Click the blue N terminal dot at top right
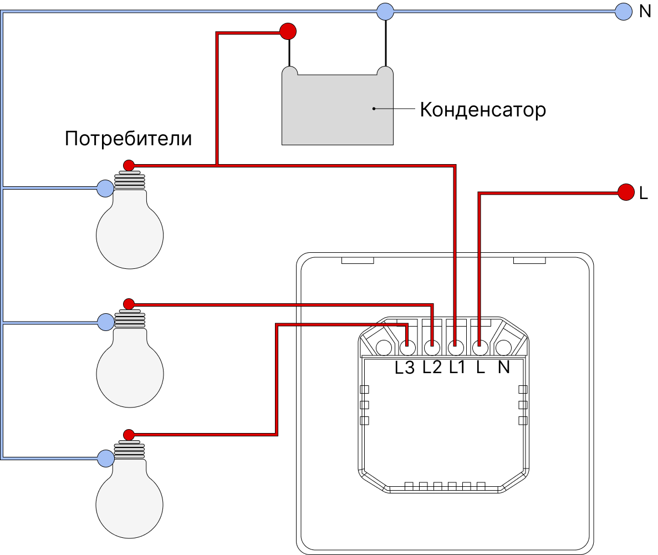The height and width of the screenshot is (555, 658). click(624, 11)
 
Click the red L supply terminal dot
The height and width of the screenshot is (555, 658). click(626, 192)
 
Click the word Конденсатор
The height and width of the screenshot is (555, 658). click(483, 110)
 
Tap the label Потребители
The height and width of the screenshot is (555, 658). click(128, 138)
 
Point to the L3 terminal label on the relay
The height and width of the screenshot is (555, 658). click(405, 368)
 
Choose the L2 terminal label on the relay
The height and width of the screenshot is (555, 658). click(432, 367)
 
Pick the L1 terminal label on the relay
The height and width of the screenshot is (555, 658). click(457, 367)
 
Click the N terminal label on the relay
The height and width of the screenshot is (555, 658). click(503, 367)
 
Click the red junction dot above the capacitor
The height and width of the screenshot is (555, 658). click(288, 31)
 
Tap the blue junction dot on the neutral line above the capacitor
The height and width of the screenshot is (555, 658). click(385, 11)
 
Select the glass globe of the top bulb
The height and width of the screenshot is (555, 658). click(130, 233)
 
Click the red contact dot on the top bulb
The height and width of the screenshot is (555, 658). click(129, 165)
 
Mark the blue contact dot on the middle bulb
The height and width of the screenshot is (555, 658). click(105, 322)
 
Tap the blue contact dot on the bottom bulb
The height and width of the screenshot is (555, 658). click(105, 458)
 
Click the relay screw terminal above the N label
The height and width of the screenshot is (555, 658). click(503, 348)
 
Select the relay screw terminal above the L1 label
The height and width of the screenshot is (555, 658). click(456, 348)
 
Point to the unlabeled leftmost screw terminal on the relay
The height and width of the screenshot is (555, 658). click(383, 348)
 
